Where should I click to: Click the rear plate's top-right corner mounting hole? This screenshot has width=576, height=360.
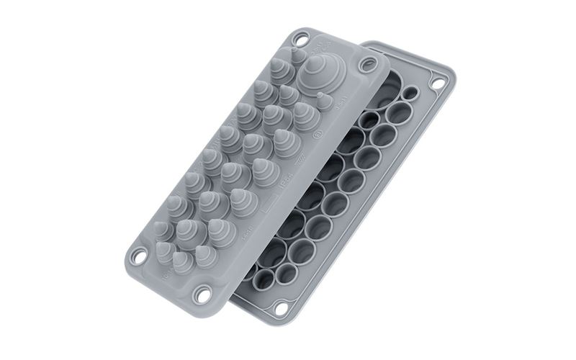[436, 82]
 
